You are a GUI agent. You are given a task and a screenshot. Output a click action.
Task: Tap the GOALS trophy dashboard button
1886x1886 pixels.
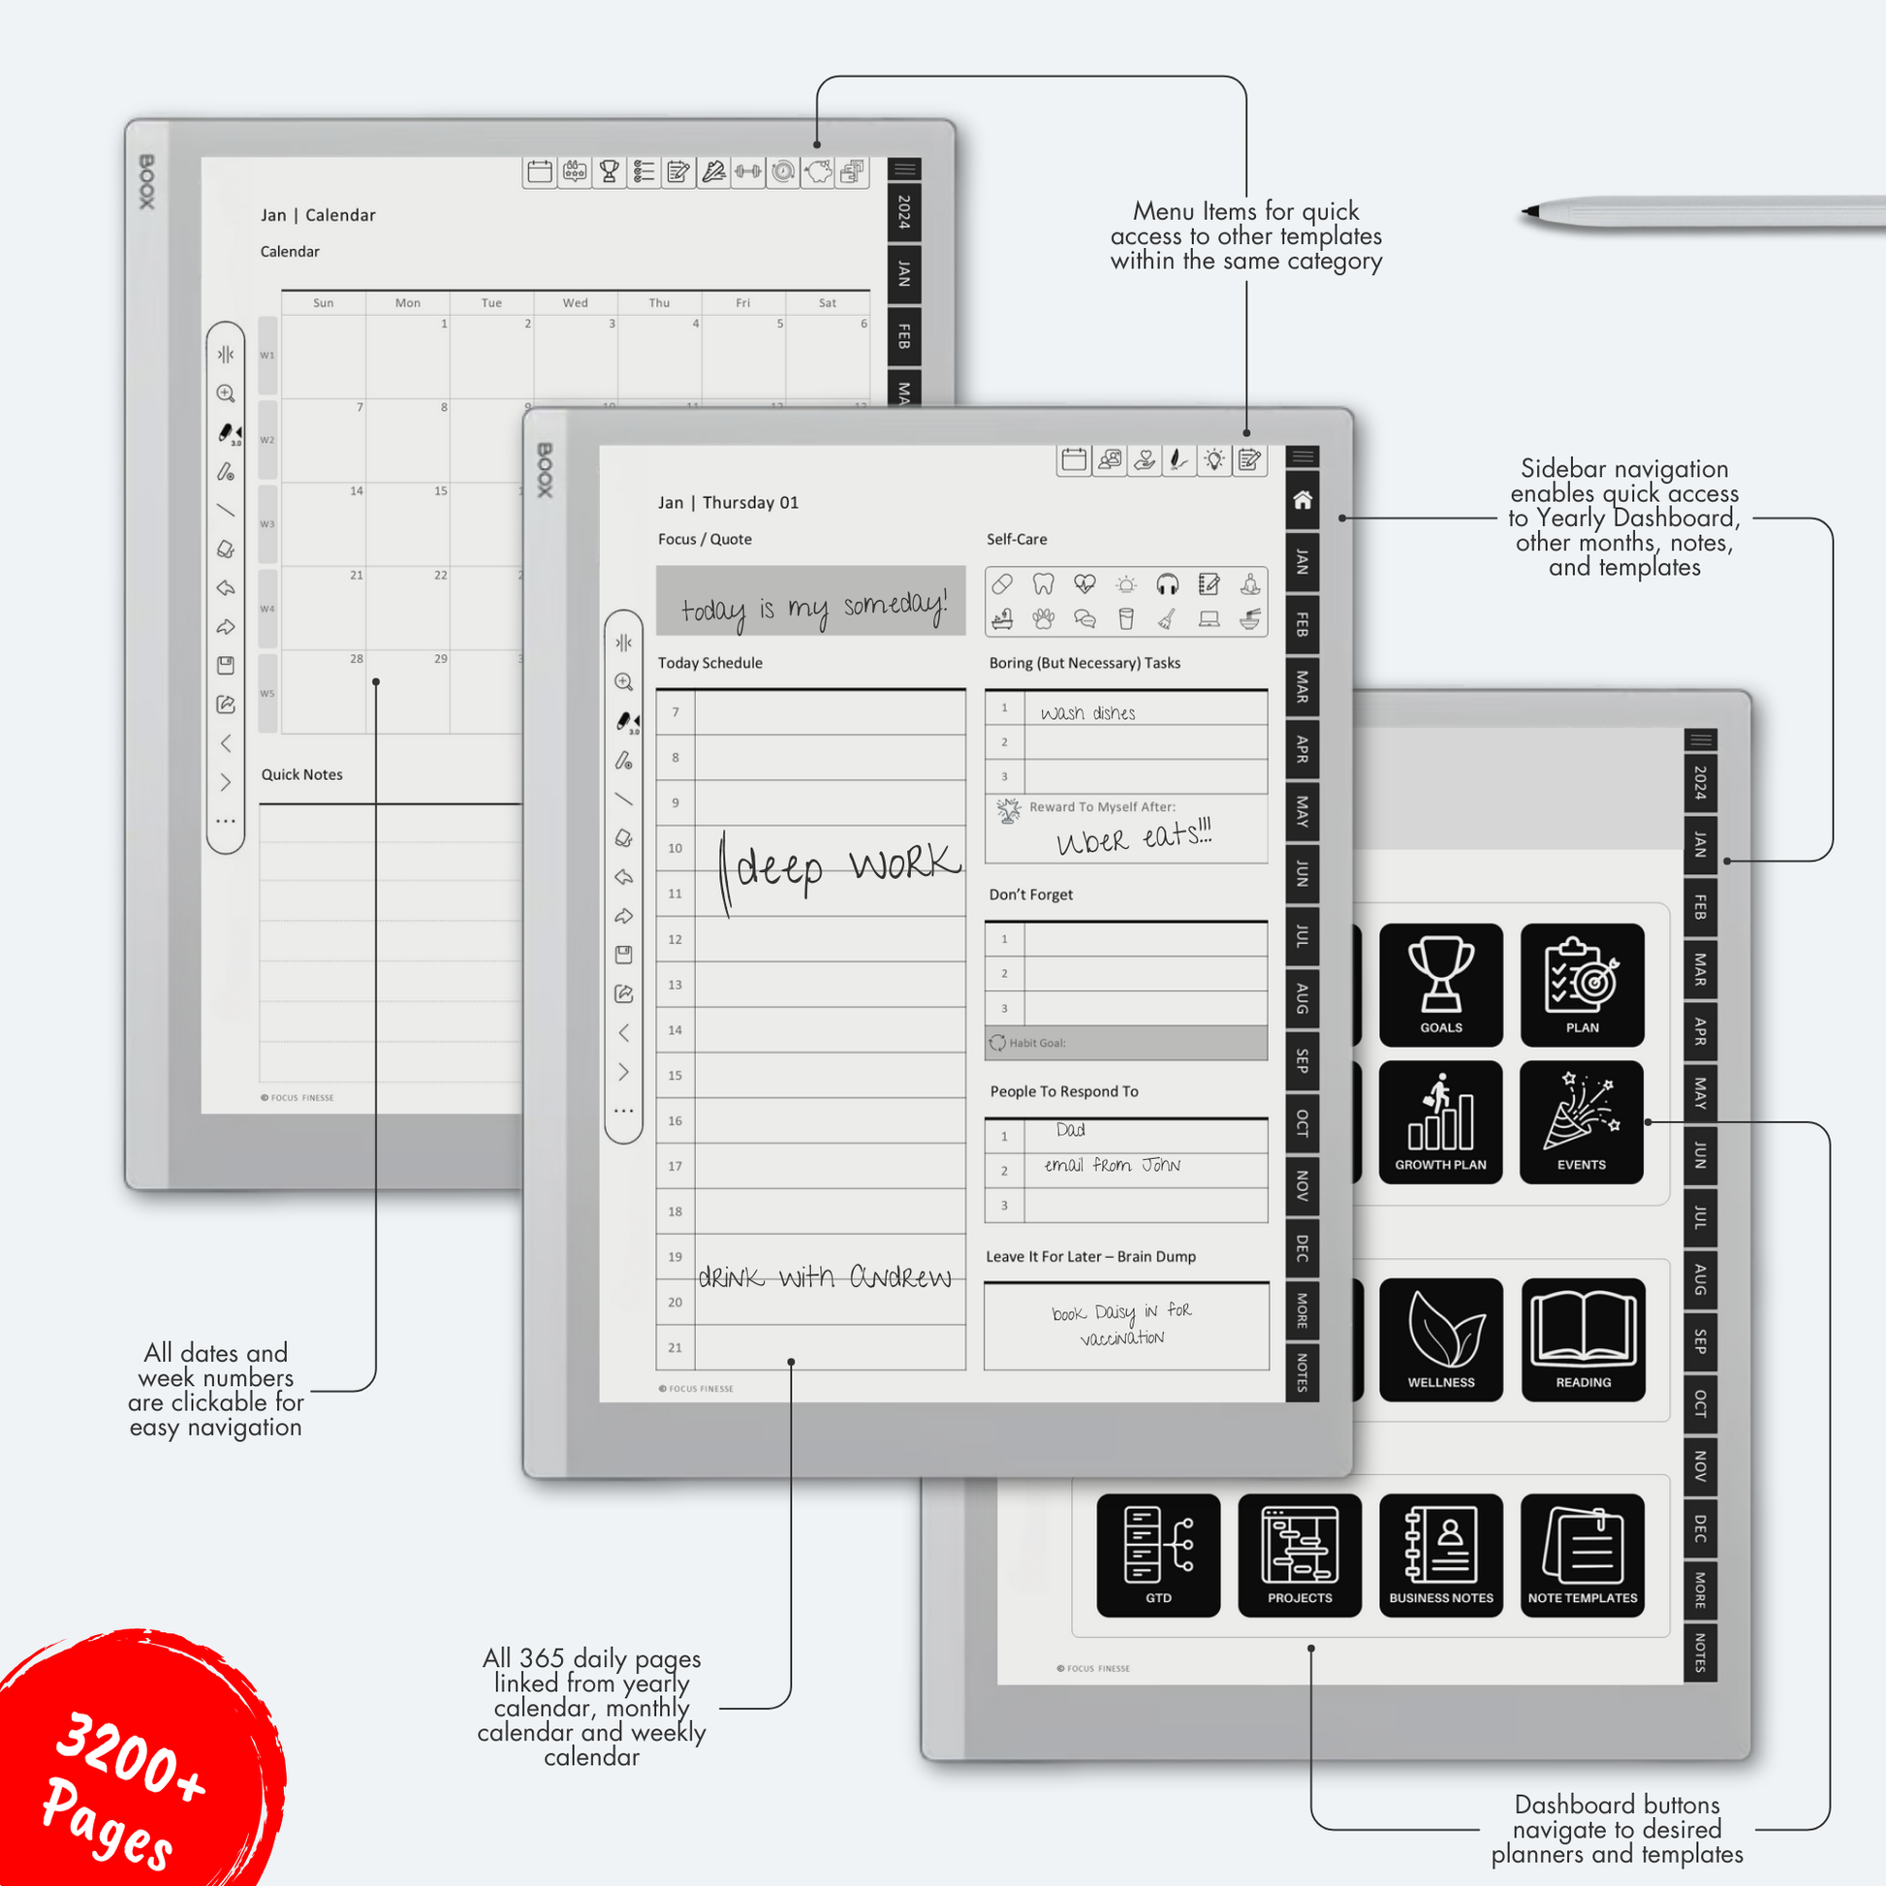[x=1441, y=984]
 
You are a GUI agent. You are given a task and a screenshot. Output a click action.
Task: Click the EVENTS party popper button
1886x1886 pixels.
[x=1582, y=1121]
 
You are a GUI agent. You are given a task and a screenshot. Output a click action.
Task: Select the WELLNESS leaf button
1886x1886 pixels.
[x=1441, y=1339]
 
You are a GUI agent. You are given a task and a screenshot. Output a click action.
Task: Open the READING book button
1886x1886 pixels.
[x=1583, y=1339]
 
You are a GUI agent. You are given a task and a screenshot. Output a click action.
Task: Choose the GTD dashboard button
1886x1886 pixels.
[x=1158, y=1556]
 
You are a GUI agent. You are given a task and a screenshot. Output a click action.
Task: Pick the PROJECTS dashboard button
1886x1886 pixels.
[x=1300, y=1556]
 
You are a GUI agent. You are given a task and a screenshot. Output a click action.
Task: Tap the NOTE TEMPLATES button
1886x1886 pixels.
[x=1583, y=1556]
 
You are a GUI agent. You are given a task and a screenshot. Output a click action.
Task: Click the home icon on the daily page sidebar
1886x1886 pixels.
[x=1303, y=501]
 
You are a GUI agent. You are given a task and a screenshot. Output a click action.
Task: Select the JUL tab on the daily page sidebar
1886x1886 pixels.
[x=1303, y=936]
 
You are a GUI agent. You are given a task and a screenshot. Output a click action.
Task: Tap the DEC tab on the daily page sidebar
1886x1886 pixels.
[x=1303, y=1247]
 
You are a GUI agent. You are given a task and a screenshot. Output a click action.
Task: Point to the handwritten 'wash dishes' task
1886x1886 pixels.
[x=1087, y=713]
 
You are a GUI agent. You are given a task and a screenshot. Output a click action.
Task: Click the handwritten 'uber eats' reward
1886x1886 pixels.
[x=1132, y=837]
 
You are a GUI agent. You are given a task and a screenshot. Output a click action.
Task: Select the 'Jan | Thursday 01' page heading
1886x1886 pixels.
[x=728, y=503]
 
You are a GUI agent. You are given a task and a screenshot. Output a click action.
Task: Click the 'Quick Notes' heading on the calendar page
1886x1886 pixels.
[x=301, y=775]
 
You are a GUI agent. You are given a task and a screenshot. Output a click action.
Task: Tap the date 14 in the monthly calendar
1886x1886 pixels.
[x=357, y=491]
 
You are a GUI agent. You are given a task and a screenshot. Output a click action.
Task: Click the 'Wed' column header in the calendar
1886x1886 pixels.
[x=575, y=303]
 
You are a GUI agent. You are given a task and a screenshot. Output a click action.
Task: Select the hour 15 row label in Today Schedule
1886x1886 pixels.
[x=675, y=1076]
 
